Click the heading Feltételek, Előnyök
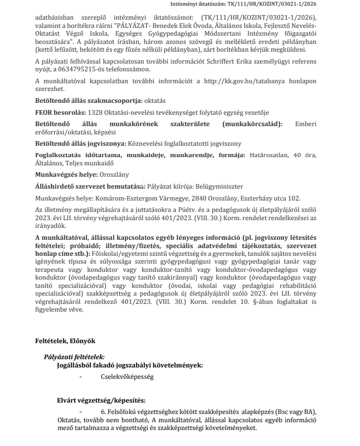65,341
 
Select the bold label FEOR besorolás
59,112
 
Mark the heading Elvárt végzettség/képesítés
101,401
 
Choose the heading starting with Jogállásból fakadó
130,365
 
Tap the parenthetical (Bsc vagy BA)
302,412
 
